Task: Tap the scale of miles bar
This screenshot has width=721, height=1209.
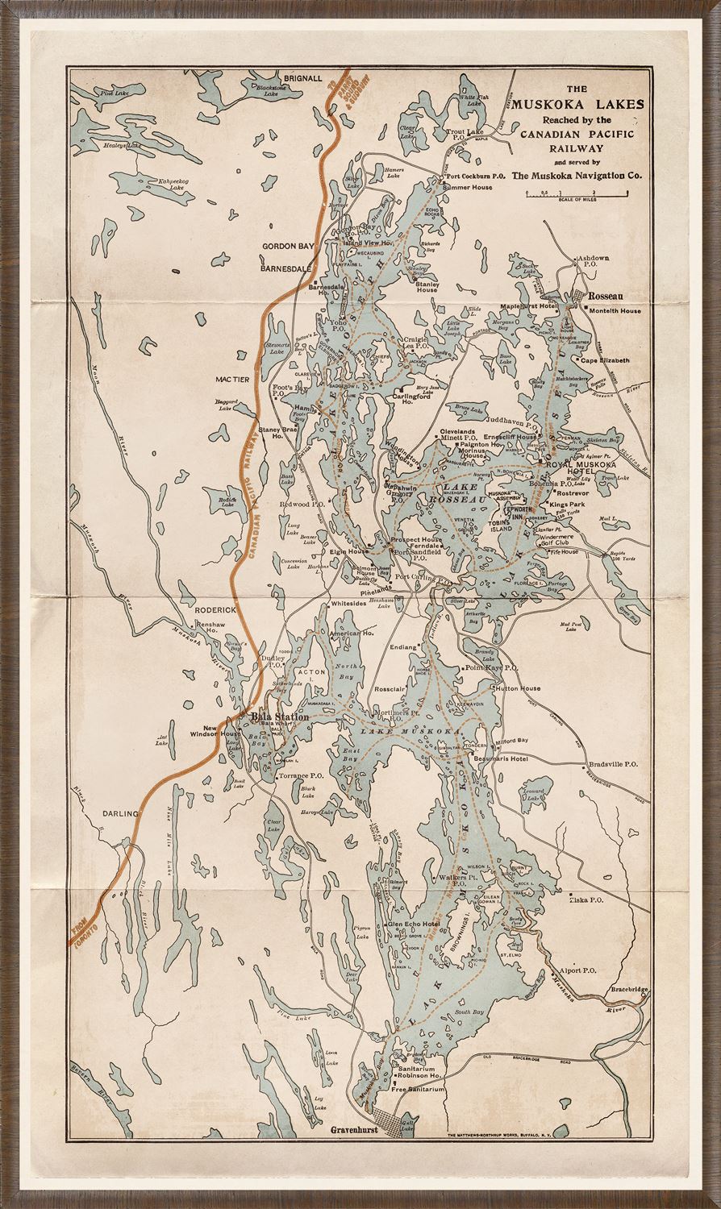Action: (576, 193)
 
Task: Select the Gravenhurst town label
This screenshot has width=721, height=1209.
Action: (354, 1131)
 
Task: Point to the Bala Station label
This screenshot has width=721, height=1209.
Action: (280, 717)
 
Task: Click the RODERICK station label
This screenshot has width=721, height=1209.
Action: (215, 610)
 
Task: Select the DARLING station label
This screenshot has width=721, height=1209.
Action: (121, 813)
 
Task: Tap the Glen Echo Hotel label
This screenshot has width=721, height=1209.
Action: (414, 924)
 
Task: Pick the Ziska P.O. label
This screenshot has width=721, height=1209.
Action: (586, 899)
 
